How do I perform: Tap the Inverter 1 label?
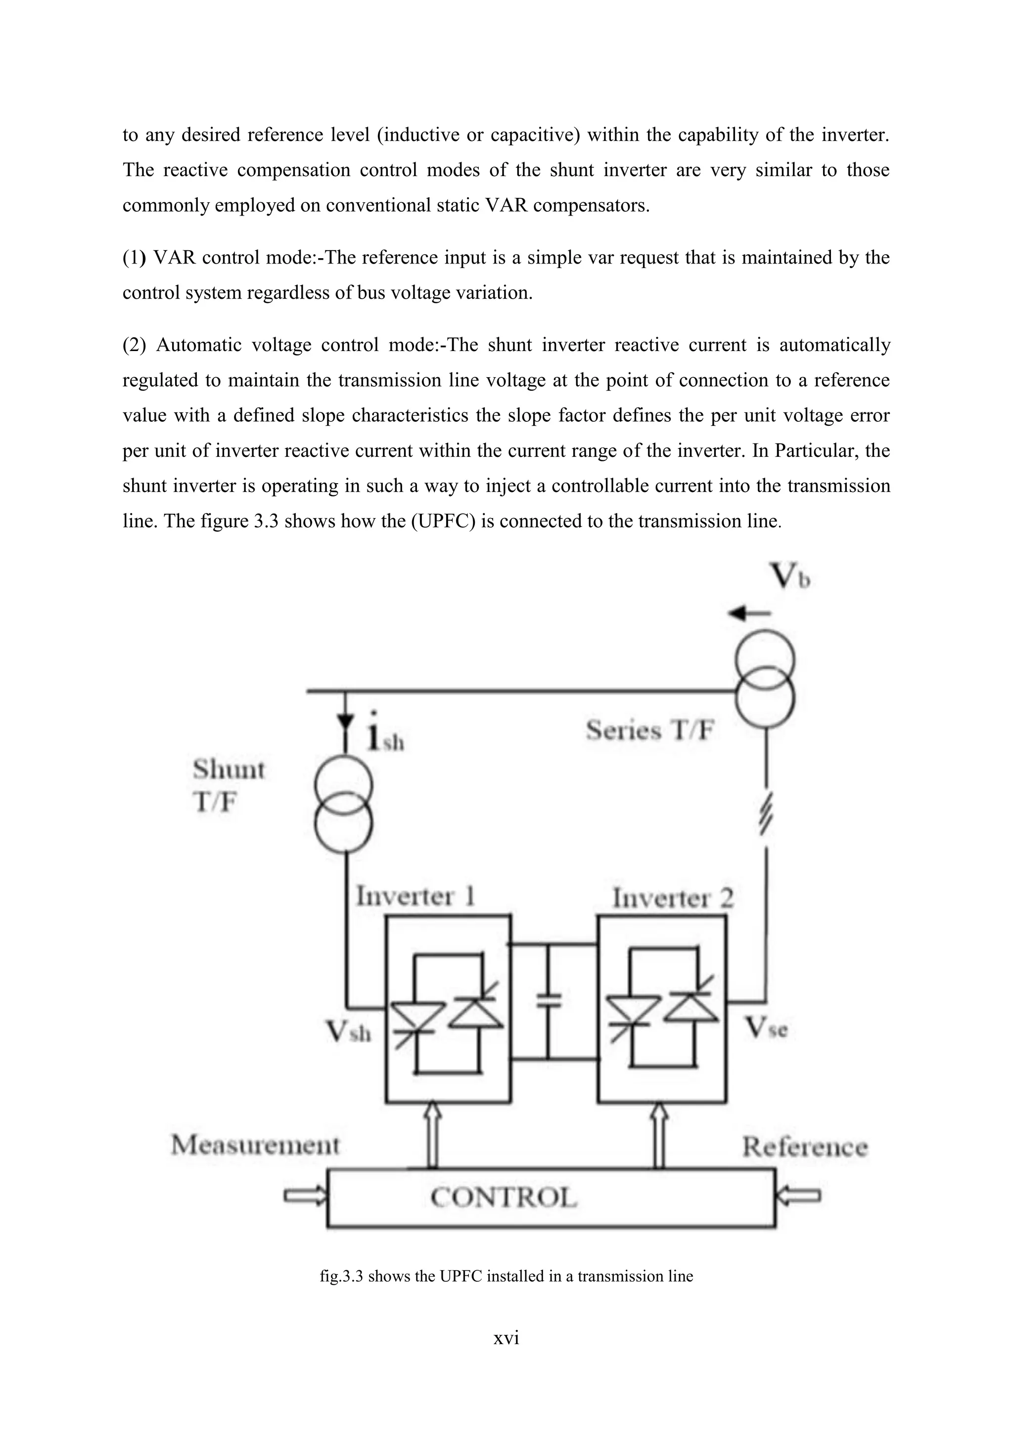point(415,897)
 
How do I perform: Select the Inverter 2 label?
point(672,898)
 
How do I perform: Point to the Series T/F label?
point(649,730)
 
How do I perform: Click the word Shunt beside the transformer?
point(229,769)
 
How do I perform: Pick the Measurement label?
point(255,1145)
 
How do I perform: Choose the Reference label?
point(805,1146)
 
